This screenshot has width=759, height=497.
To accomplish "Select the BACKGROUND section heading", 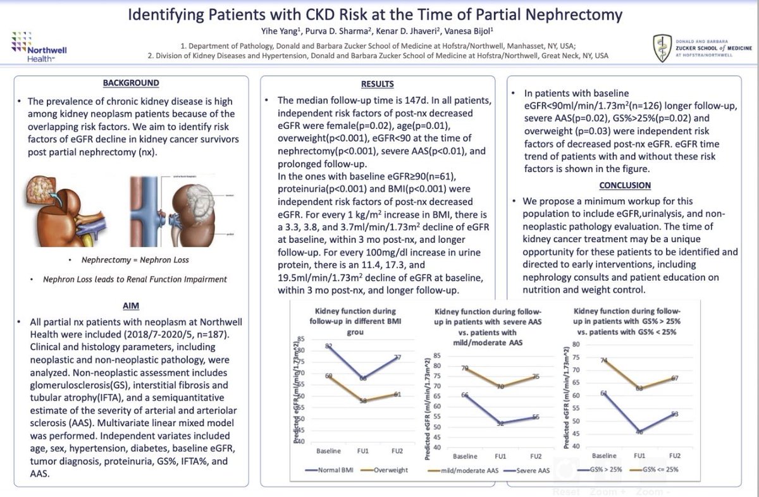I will [x=131, y=83].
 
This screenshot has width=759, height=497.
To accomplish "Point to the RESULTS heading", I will [x=377, y=84].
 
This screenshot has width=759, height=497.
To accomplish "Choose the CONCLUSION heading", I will [x=624, y=185].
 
